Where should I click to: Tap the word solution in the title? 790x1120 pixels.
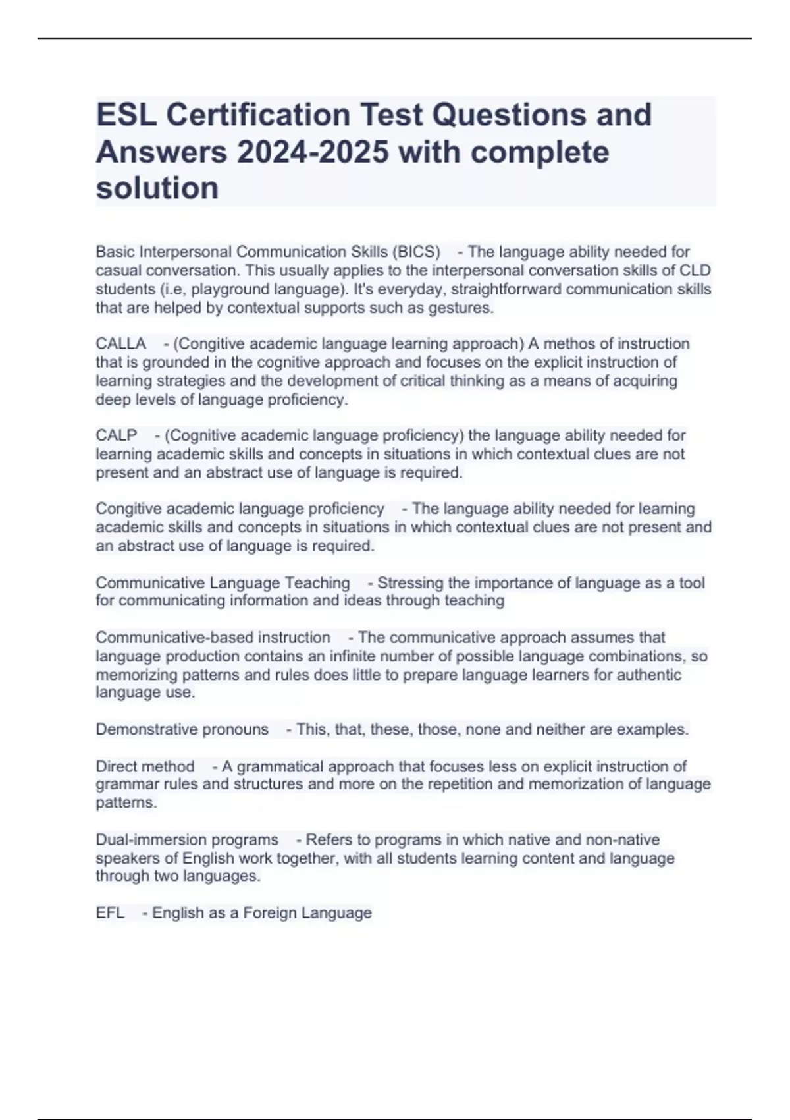[157, 188]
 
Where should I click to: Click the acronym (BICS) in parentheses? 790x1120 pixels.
[416, 252]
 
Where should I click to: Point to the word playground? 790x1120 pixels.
[228, 289]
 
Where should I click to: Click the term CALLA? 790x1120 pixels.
[120, 344]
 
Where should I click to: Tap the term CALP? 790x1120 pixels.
[117, 435]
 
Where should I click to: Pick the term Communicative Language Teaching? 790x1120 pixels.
[223, 583]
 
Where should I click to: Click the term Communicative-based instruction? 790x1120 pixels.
[213, 638]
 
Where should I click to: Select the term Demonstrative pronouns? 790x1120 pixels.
[182, 729]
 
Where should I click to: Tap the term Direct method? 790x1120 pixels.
[145, 767]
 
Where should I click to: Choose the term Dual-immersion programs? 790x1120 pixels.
[187, 840]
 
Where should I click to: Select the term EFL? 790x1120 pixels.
[110, 913]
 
